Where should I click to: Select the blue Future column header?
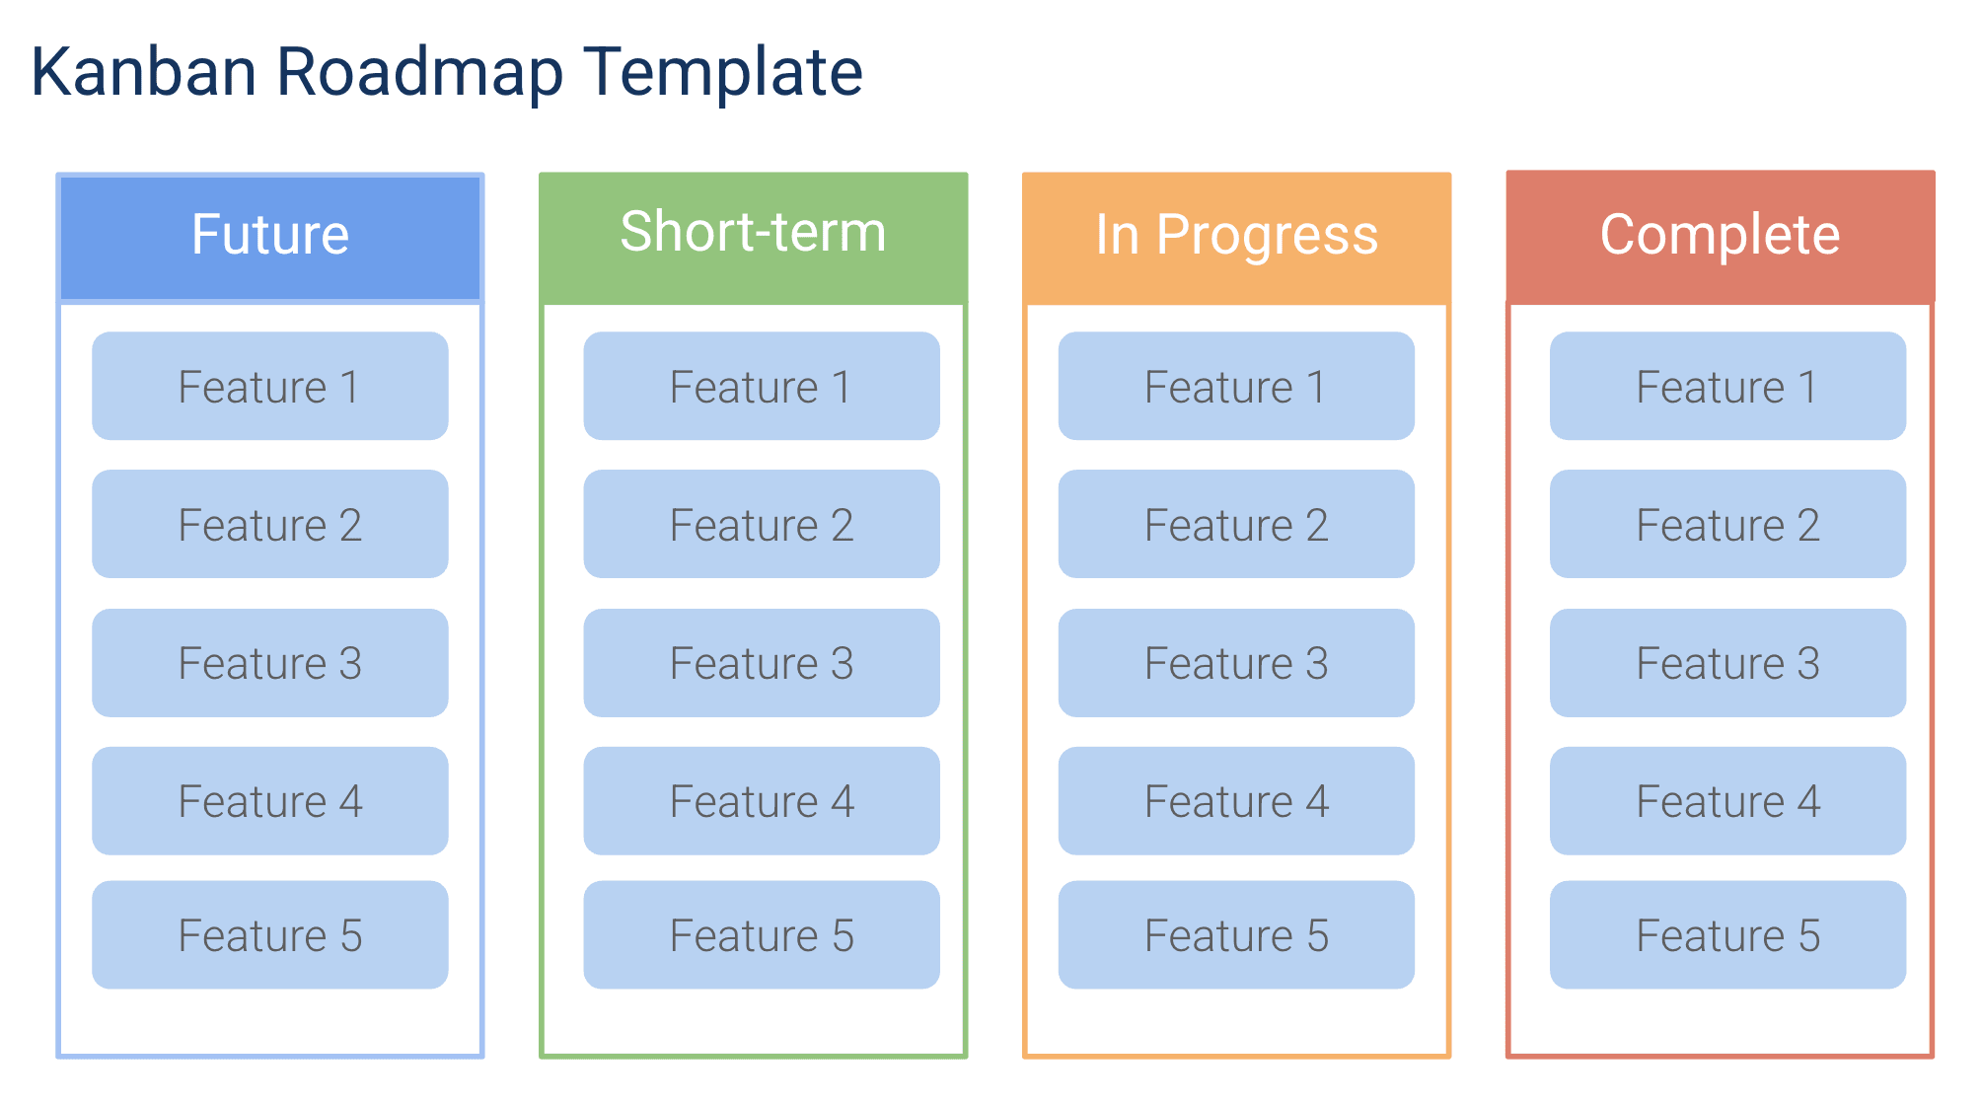click(269, 236)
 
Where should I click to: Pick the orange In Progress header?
click(1236, 236)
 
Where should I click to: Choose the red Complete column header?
click(1720, 236)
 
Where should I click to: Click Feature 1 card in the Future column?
click(269, 386)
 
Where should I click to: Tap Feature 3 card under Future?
click(269, 662)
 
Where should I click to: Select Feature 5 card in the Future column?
click(269, 934)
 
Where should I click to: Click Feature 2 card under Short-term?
click(761, 524)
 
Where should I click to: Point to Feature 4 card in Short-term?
click(761, 800)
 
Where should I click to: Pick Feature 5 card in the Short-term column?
click(761, 934)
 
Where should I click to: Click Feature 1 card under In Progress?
click(1235, 386)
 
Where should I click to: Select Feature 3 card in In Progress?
click(1235, 662)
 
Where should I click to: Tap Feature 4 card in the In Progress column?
click(1235, 800)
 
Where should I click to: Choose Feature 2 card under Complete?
click(1726, 524)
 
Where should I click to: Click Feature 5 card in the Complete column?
click(1726, 934)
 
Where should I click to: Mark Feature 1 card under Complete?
click(1726, 386)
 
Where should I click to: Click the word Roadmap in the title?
click(419, 72)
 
